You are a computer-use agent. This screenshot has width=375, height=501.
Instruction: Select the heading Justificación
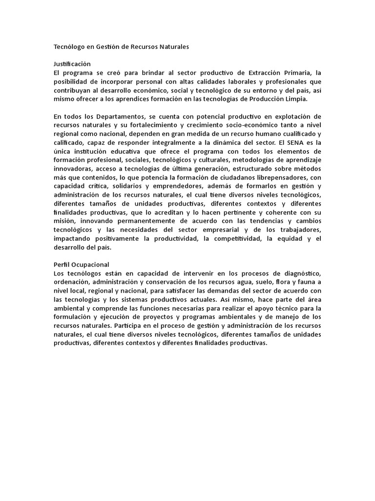tap(72, 64)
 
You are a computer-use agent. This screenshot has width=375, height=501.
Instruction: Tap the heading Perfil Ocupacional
tap(82, 264)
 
